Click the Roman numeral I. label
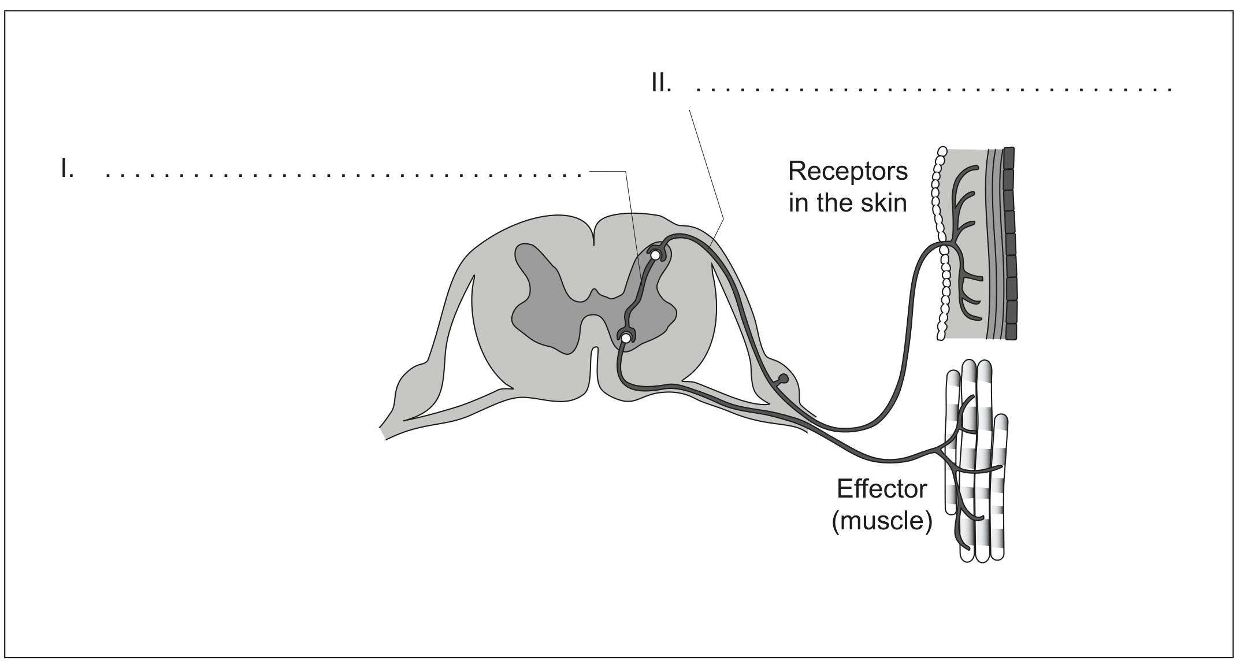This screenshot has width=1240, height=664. [x=68, y=169]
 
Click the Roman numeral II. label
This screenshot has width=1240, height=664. [x=661, y=84]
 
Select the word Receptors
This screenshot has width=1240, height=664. [x=848, y=172]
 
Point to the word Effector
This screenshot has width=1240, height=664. [x=882, y=489]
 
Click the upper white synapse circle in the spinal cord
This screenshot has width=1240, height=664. [x=655, y=254]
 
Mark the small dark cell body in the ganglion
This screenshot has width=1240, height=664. [x=783, y=379]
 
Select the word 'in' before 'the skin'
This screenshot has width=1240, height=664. [x=797, y=203]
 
